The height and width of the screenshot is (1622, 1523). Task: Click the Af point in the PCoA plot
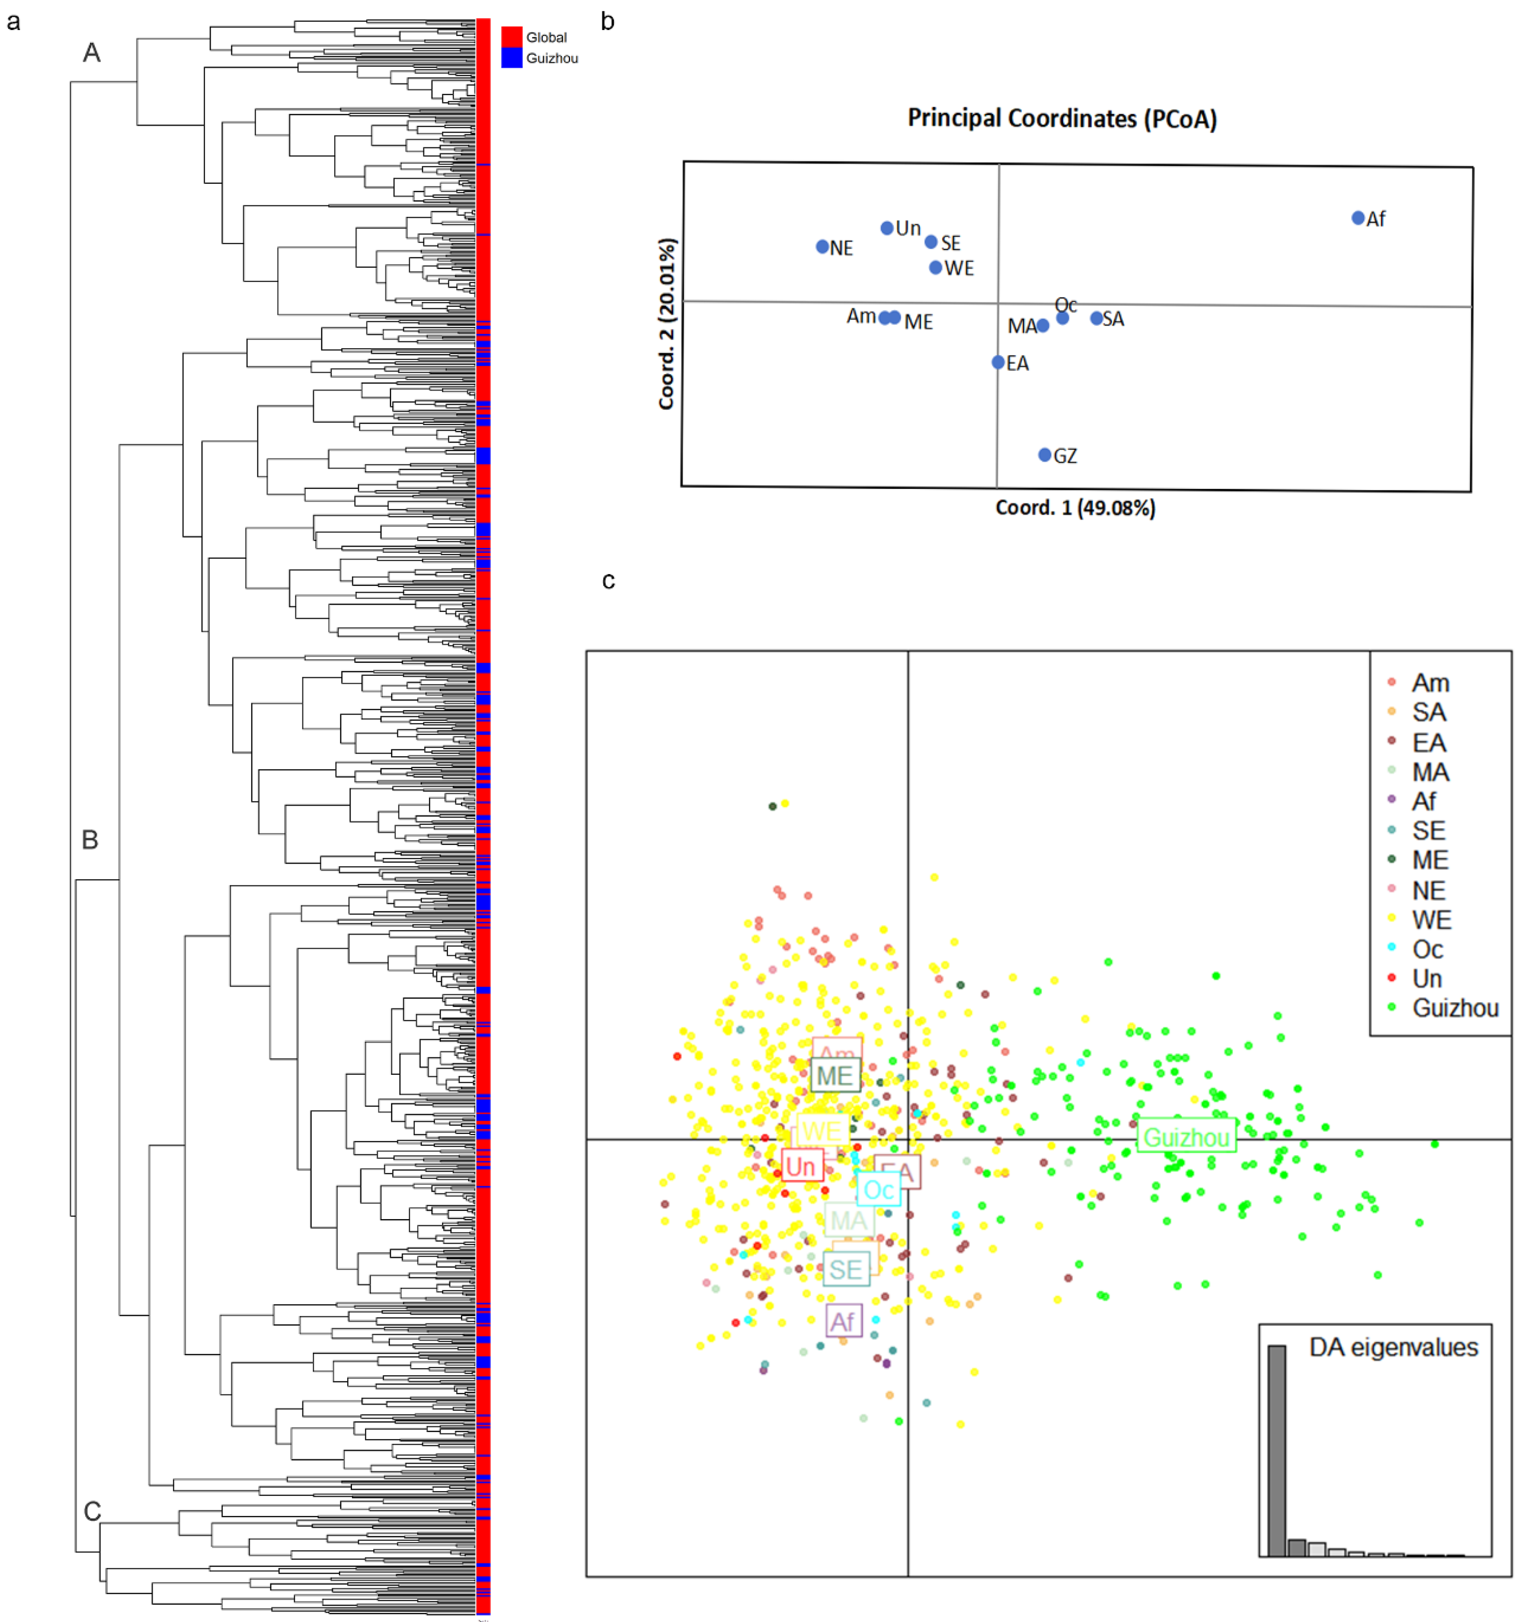1357,218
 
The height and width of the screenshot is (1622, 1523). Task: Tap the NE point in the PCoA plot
822,246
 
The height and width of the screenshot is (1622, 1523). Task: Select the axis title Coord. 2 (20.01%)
667,324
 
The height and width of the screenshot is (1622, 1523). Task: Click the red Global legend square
511,37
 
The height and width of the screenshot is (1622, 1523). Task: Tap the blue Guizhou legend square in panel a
511,58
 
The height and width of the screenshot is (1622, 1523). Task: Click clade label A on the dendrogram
91,53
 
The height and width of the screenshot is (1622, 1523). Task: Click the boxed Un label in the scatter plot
801,1166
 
